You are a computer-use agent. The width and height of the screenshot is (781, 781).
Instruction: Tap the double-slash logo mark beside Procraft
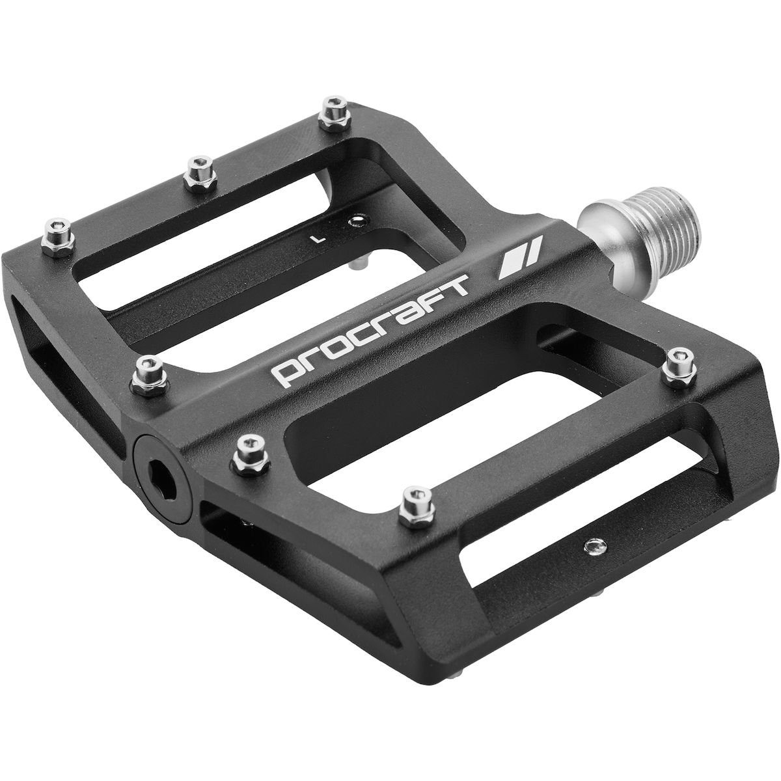click(x=519, y=257)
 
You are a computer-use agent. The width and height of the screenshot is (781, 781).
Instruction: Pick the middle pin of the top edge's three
click(x=200, y=174)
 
